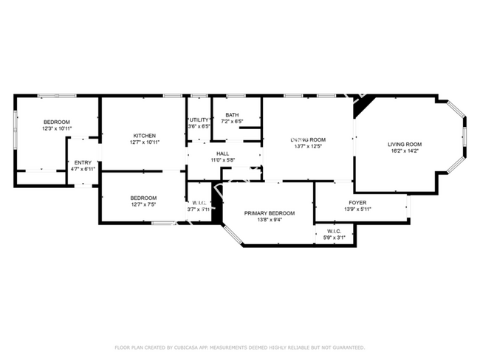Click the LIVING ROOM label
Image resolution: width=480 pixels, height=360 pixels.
(405, 144)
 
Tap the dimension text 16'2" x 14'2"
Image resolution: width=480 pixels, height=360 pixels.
(405, 150)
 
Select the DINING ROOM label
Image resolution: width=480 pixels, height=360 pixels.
(308, 139)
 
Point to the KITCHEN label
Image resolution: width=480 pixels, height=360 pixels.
(144, 135)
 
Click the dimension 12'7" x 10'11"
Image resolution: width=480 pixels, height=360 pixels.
(144, 142)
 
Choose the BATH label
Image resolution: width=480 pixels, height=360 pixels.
(232, 114)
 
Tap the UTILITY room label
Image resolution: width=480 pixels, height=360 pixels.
(199, 120)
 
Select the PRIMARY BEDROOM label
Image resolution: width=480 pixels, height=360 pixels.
(270, 213)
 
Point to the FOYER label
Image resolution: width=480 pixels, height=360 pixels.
(357, 202)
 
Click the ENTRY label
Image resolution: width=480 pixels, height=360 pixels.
(83, 162)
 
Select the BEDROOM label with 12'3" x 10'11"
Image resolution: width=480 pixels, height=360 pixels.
(56, 122)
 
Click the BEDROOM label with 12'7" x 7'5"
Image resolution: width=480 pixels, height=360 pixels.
(143, 197)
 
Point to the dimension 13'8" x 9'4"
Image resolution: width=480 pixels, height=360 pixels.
(270, 220)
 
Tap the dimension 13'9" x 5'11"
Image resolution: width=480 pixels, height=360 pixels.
(357, 209)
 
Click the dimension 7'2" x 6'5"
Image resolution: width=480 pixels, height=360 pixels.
(232, 121)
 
